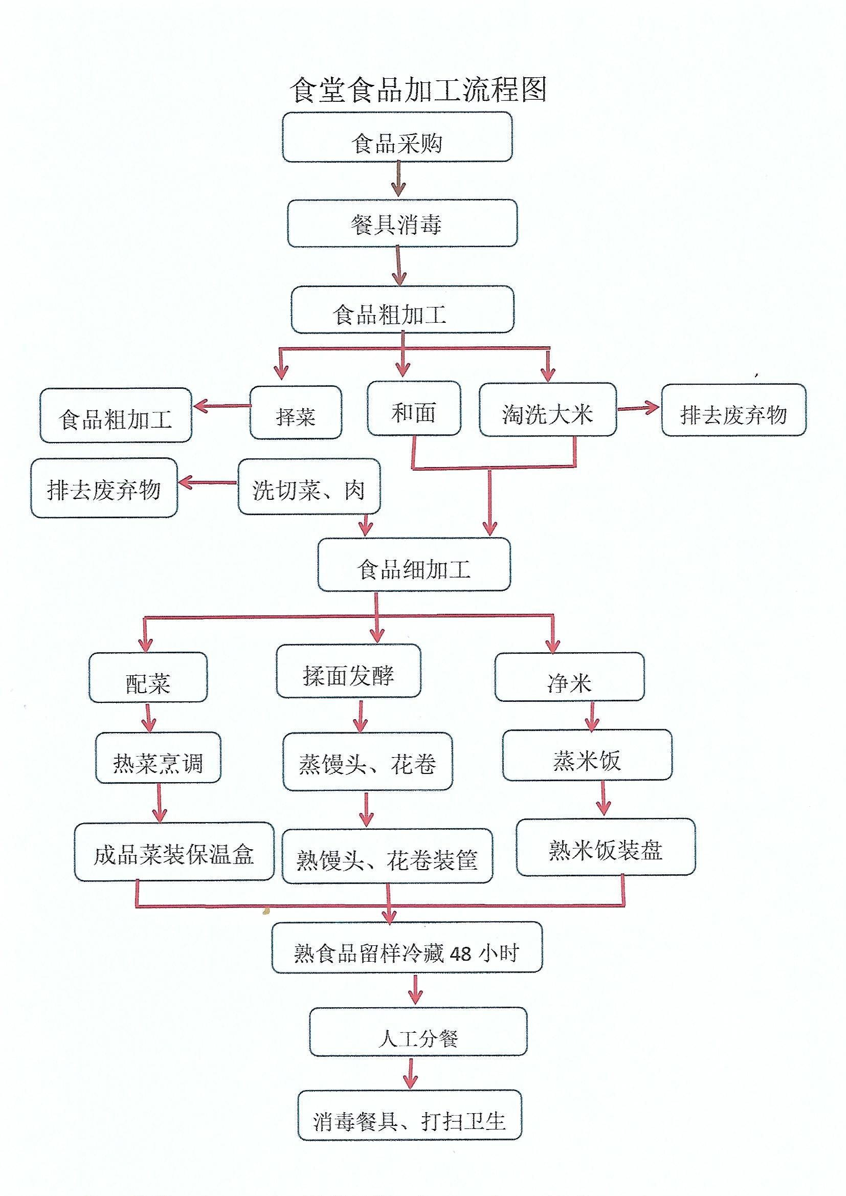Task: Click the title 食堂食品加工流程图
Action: (x=418, y=90)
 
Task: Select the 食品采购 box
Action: (x=397, y=137)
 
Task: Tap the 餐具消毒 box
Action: (x=402, y=223)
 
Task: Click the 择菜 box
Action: (x=296, y=412)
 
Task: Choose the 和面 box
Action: (x=414, y=408)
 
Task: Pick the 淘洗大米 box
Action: (x=548, y=409)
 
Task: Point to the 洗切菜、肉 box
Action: (x=309, y=486)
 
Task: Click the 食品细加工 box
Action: (x=414, y=565)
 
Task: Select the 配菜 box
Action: (x=148, y=678)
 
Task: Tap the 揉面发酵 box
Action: (x=348, y=671)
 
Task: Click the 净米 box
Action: (x=569, y=677)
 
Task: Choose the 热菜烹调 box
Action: (x=159, y=758)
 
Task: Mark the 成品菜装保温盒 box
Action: (x=174, y=852)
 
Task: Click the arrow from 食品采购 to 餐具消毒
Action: (x=398, y=179)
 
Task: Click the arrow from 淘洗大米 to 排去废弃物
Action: (x=639, y=408)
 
